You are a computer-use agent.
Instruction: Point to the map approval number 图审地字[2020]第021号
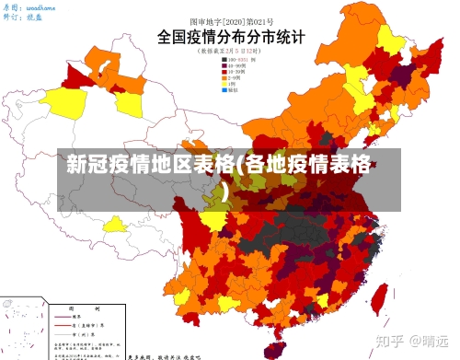230,19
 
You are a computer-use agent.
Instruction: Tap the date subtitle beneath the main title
230,52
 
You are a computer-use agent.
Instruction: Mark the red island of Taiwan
378,297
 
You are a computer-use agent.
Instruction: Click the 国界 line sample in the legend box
64,319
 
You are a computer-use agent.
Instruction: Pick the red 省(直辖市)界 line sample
64,327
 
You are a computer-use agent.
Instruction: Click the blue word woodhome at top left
41,7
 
